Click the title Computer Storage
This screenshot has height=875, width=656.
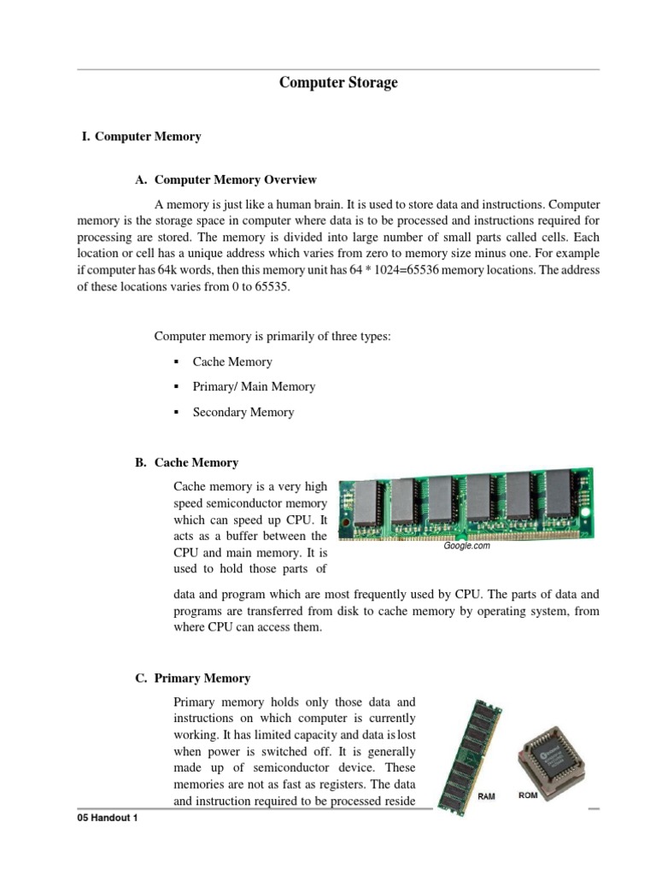(339, 83)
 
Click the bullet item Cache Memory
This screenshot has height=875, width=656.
(232, 361)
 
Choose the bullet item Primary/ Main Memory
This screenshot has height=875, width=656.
(254, 386)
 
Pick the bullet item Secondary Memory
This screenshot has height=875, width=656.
(243, 412)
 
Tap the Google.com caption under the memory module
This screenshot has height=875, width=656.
(466, 546)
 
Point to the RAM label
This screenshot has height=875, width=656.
(486, 796)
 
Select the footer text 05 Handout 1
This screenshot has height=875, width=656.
(107, 819)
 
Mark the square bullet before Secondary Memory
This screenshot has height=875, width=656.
(175, 413)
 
